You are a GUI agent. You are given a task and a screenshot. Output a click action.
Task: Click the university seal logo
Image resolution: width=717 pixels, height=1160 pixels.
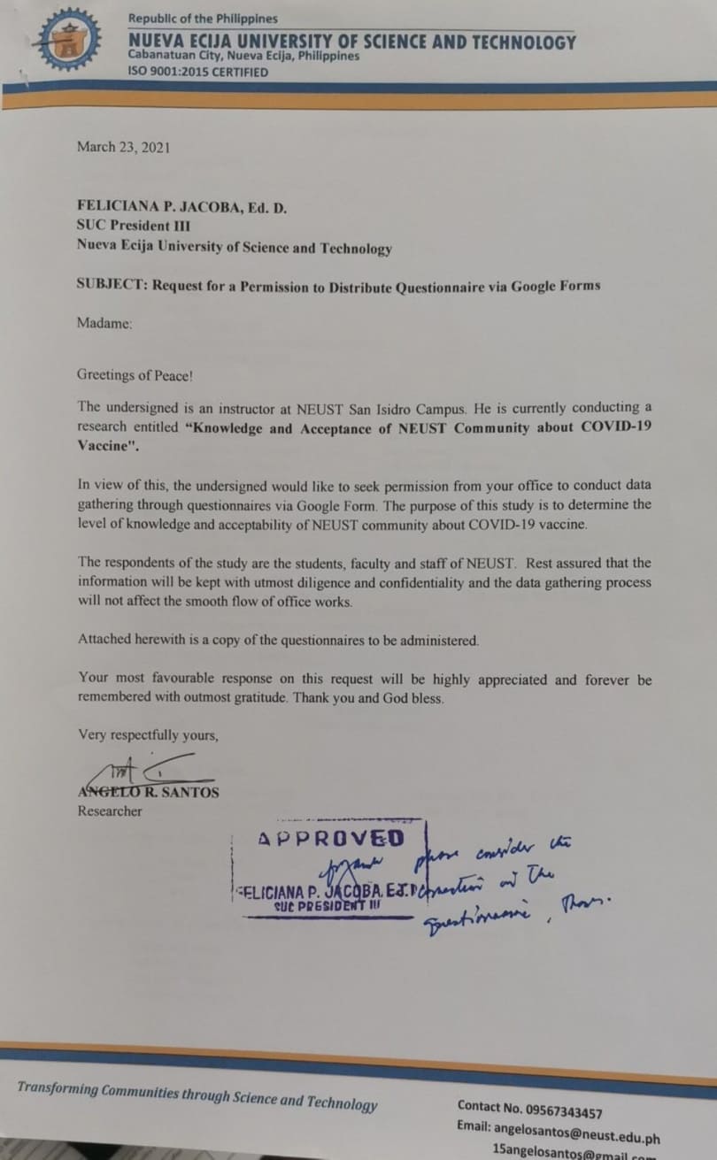tap(62, 39)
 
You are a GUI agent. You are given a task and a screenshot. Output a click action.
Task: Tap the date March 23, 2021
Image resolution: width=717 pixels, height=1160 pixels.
tap(123, 147)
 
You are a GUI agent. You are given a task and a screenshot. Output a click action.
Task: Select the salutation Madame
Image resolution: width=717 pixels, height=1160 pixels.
tap(104, 324)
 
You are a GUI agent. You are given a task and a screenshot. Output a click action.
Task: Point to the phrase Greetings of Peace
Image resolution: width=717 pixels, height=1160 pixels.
tap(135, 374)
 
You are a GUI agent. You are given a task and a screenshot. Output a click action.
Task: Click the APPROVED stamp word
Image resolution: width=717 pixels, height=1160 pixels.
tap(330, 838)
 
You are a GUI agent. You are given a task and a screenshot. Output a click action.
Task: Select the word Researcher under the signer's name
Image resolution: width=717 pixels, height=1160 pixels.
tap(110, 810)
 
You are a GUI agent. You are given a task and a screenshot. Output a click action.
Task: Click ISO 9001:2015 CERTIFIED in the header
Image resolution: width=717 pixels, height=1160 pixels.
tap(197, 73)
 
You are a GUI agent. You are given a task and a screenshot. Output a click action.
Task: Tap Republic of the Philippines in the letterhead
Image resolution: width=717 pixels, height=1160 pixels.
tap(203, 19)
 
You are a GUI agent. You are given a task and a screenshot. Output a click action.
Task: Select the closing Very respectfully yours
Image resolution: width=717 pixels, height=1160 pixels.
tap(148, 734)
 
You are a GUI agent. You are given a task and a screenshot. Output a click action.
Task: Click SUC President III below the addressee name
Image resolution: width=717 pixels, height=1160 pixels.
tap(133, 226)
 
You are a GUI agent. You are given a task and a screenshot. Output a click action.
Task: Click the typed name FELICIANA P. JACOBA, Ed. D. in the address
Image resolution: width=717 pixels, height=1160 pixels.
tap(182, 205)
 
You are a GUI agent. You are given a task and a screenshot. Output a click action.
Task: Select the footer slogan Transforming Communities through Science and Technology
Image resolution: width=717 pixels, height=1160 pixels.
tap(197, 1095)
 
